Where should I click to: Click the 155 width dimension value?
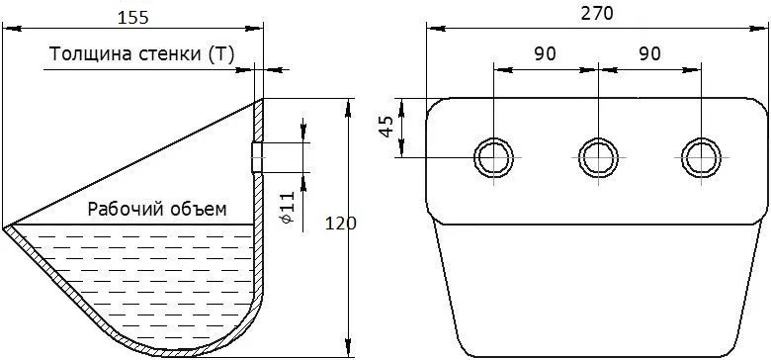pos(132,17)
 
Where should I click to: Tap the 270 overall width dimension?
pos(597,14)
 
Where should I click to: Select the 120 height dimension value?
pos(340,224)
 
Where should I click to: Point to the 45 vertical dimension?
pos(386,127)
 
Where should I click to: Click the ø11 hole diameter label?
pos(289,208)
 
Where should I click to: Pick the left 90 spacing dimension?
pos(545,54)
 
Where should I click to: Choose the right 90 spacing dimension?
pos(649,54)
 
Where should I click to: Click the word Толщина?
pos(84,54)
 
